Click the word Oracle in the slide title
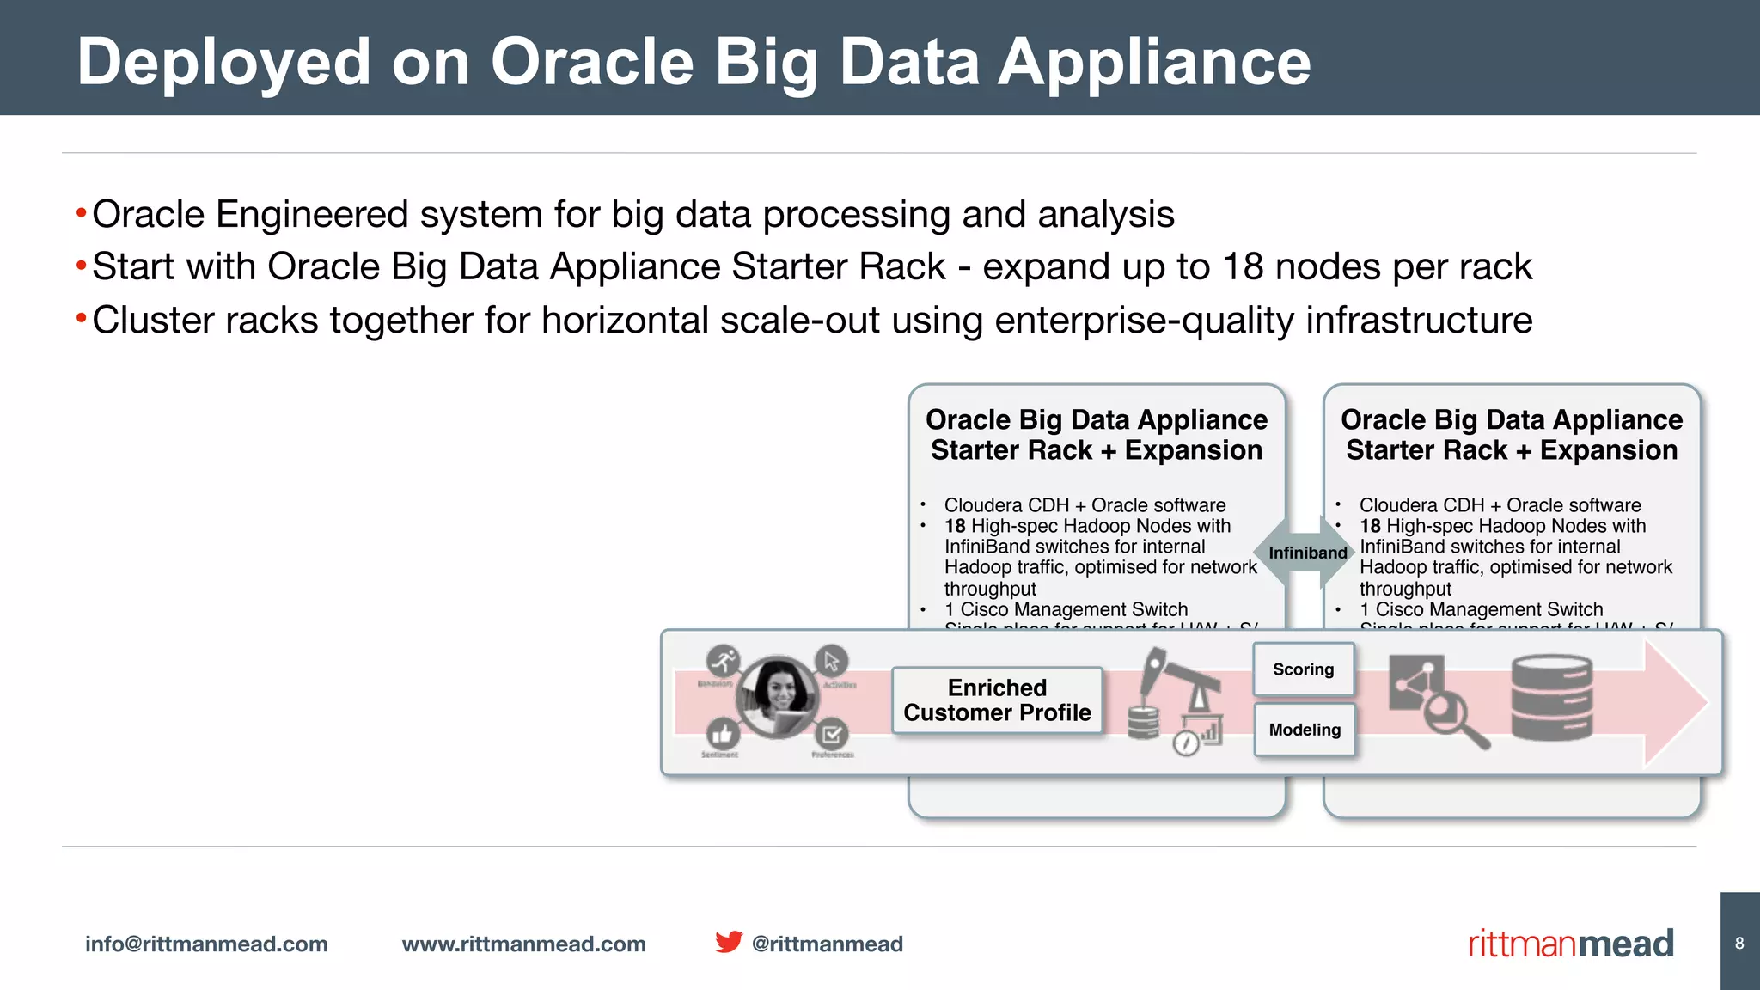(591, 62)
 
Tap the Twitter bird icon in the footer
(728, 942)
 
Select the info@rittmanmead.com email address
(206, 944)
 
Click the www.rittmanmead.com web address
(523, 944)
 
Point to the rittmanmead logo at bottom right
(1570, 944)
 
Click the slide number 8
(1739, 944)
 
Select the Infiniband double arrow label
(1307, 553)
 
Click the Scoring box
(1303, 669)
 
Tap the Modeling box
(1305, 730)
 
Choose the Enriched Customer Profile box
(997, 700)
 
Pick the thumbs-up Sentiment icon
(723, 735)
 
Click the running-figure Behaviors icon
(724, 661)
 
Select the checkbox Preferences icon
(831, 735)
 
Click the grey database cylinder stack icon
(1551, 697)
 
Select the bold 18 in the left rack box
(955, 526)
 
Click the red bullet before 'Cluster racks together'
(81, 320)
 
